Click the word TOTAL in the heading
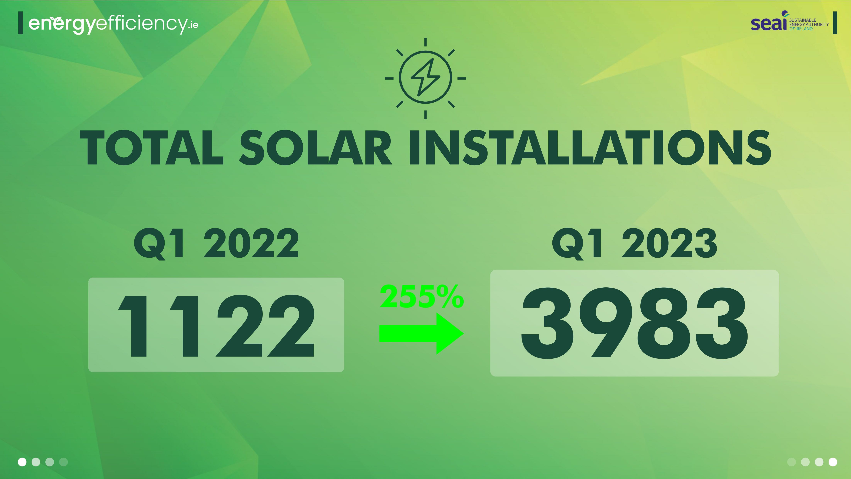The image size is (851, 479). click(x=152, y=147)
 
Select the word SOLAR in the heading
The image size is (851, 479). click(x=316, y=147)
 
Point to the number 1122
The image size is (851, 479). click(x=216, y=326)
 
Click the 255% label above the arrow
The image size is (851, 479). click(x=422, y=296)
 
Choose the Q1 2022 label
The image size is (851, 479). click(x=216, y=244)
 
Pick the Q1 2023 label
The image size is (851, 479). click(x=634, y=244)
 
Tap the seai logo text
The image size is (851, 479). click(x=769, y=23)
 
